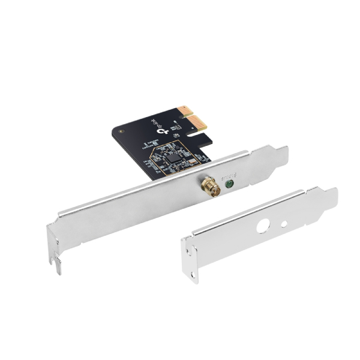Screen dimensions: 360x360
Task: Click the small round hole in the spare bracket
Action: click(x=284, y=224)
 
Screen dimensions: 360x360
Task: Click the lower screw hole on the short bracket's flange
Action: click(x=193, y=274)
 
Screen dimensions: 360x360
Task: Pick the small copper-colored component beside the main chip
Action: click(x=191, y=160)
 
